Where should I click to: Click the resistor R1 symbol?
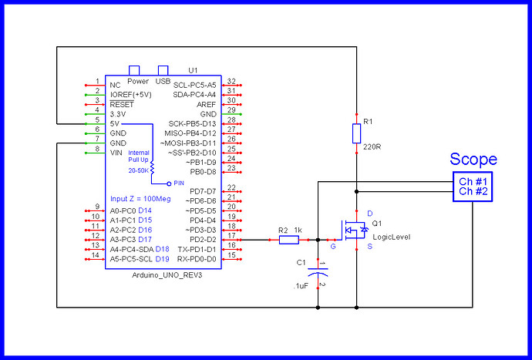point(355,133)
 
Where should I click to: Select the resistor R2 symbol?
point(288,240)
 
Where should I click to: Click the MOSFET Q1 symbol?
point(354,230)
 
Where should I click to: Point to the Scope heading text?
point(473,160)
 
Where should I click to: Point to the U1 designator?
point(194,69)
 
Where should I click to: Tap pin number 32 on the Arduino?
point(231,81)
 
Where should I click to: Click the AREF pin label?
point(207,104)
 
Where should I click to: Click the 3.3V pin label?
point(120,113)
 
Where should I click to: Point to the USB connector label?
point(163,80)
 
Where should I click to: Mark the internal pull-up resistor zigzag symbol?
point(152,169)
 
